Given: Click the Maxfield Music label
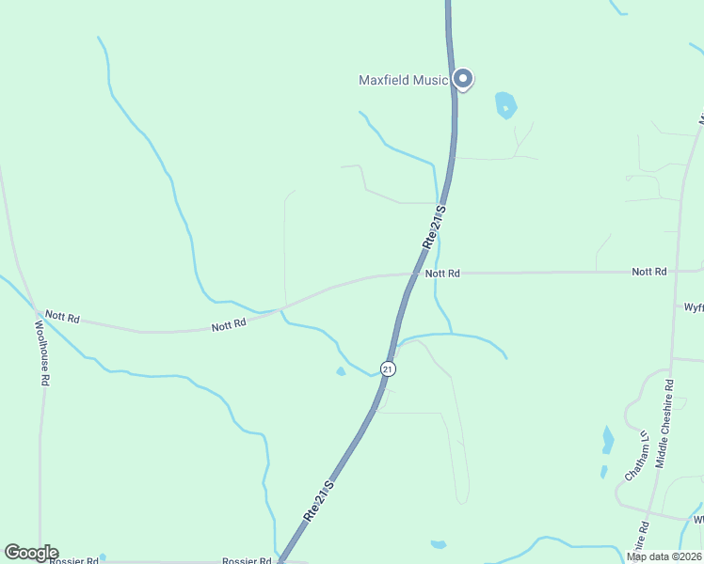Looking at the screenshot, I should [x=403, y=80].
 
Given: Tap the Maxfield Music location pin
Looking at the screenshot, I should [x=463, y=79].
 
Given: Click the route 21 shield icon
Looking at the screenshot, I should [x=388, y=368].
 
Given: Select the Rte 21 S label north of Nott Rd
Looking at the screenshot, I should [x=432, y=227].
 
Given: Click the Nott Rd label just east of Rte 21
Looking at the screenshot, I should [x=442, y=274].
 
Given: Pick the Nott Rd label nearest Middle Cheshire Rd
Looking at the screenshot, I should [x=649, y=272].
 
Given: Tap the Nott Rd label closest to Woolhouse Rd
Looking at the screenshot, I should [x=63, y=317].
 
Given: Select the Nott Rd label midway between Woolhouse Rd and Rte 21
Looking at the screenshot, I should [x=229, y=324].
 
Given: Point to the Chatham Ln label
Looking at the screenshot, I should [x=637, y=455].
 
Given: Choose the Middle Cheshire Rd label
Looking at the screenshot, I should [x=664, y=424].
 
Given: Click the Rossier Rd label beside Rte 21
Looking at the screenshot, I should [x=247, y=560].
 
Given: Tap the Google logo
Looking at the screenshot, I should [x=31, y=553].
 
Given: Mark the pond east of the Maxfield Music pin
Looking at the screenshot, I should [x=506, y=104].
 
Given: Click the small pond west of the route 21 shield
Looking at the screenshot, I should [x=341, y=371].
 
